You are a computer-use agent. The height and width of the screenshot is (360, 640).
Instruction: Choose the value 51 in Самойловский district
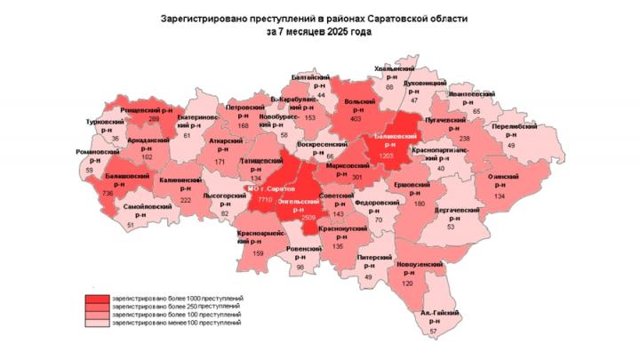pos(131,226)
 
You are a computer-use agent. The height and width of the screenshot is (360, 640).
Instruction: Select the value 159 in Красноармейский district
pos(259,255)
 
